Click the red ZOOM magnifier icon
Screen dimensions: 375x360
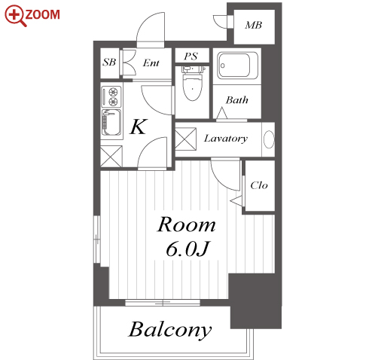(15, 16)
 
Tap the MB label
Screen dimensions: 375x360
(254, 25)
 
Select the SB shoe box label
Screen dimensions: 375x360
(109, 62)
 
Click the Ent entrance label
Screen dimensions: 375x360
(151, 63)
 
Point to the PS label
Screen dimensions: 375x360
(191, 56)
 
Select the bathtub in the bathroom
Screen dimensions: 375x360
(237, 66)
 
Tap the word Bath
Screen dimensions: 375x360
(237, 100)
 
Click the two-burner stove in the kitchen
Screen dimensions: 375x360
(111, 96)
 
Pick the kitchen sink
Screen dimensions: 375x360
(111, 123)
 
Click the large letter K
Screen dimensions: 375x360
(139, 127)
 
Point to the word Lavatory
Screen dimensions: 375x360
(226, 139)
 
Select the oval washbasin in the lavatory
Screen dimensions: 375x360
(269, 139)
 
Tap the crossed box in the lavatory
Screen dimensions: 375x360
(185, 139)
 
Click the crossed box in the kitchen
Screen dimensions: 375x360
(111, 156)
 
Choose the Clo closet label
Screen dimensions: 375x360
(259, 185)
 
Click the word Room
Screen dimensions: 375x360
(186, 224)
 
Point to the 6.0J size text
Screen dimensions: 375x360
(187, 249)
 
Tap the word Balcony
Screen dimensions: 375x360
(170, 330)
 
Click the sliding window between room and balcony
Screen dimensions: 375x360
(163, 303)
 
